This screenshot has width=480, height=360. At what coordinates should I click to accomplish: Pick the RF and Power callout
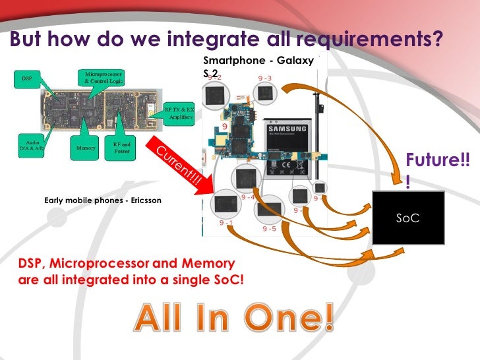121,150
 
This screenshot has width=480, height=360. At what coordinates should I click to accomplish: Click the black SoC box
407,218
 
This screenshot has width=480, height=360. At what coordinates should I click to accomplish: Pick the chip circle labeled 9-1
227,206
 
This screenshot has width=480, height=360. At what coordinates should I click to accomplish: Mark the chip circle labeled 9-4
247,180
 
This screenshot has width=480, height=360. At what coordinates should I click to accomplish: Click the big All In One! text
234,320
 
